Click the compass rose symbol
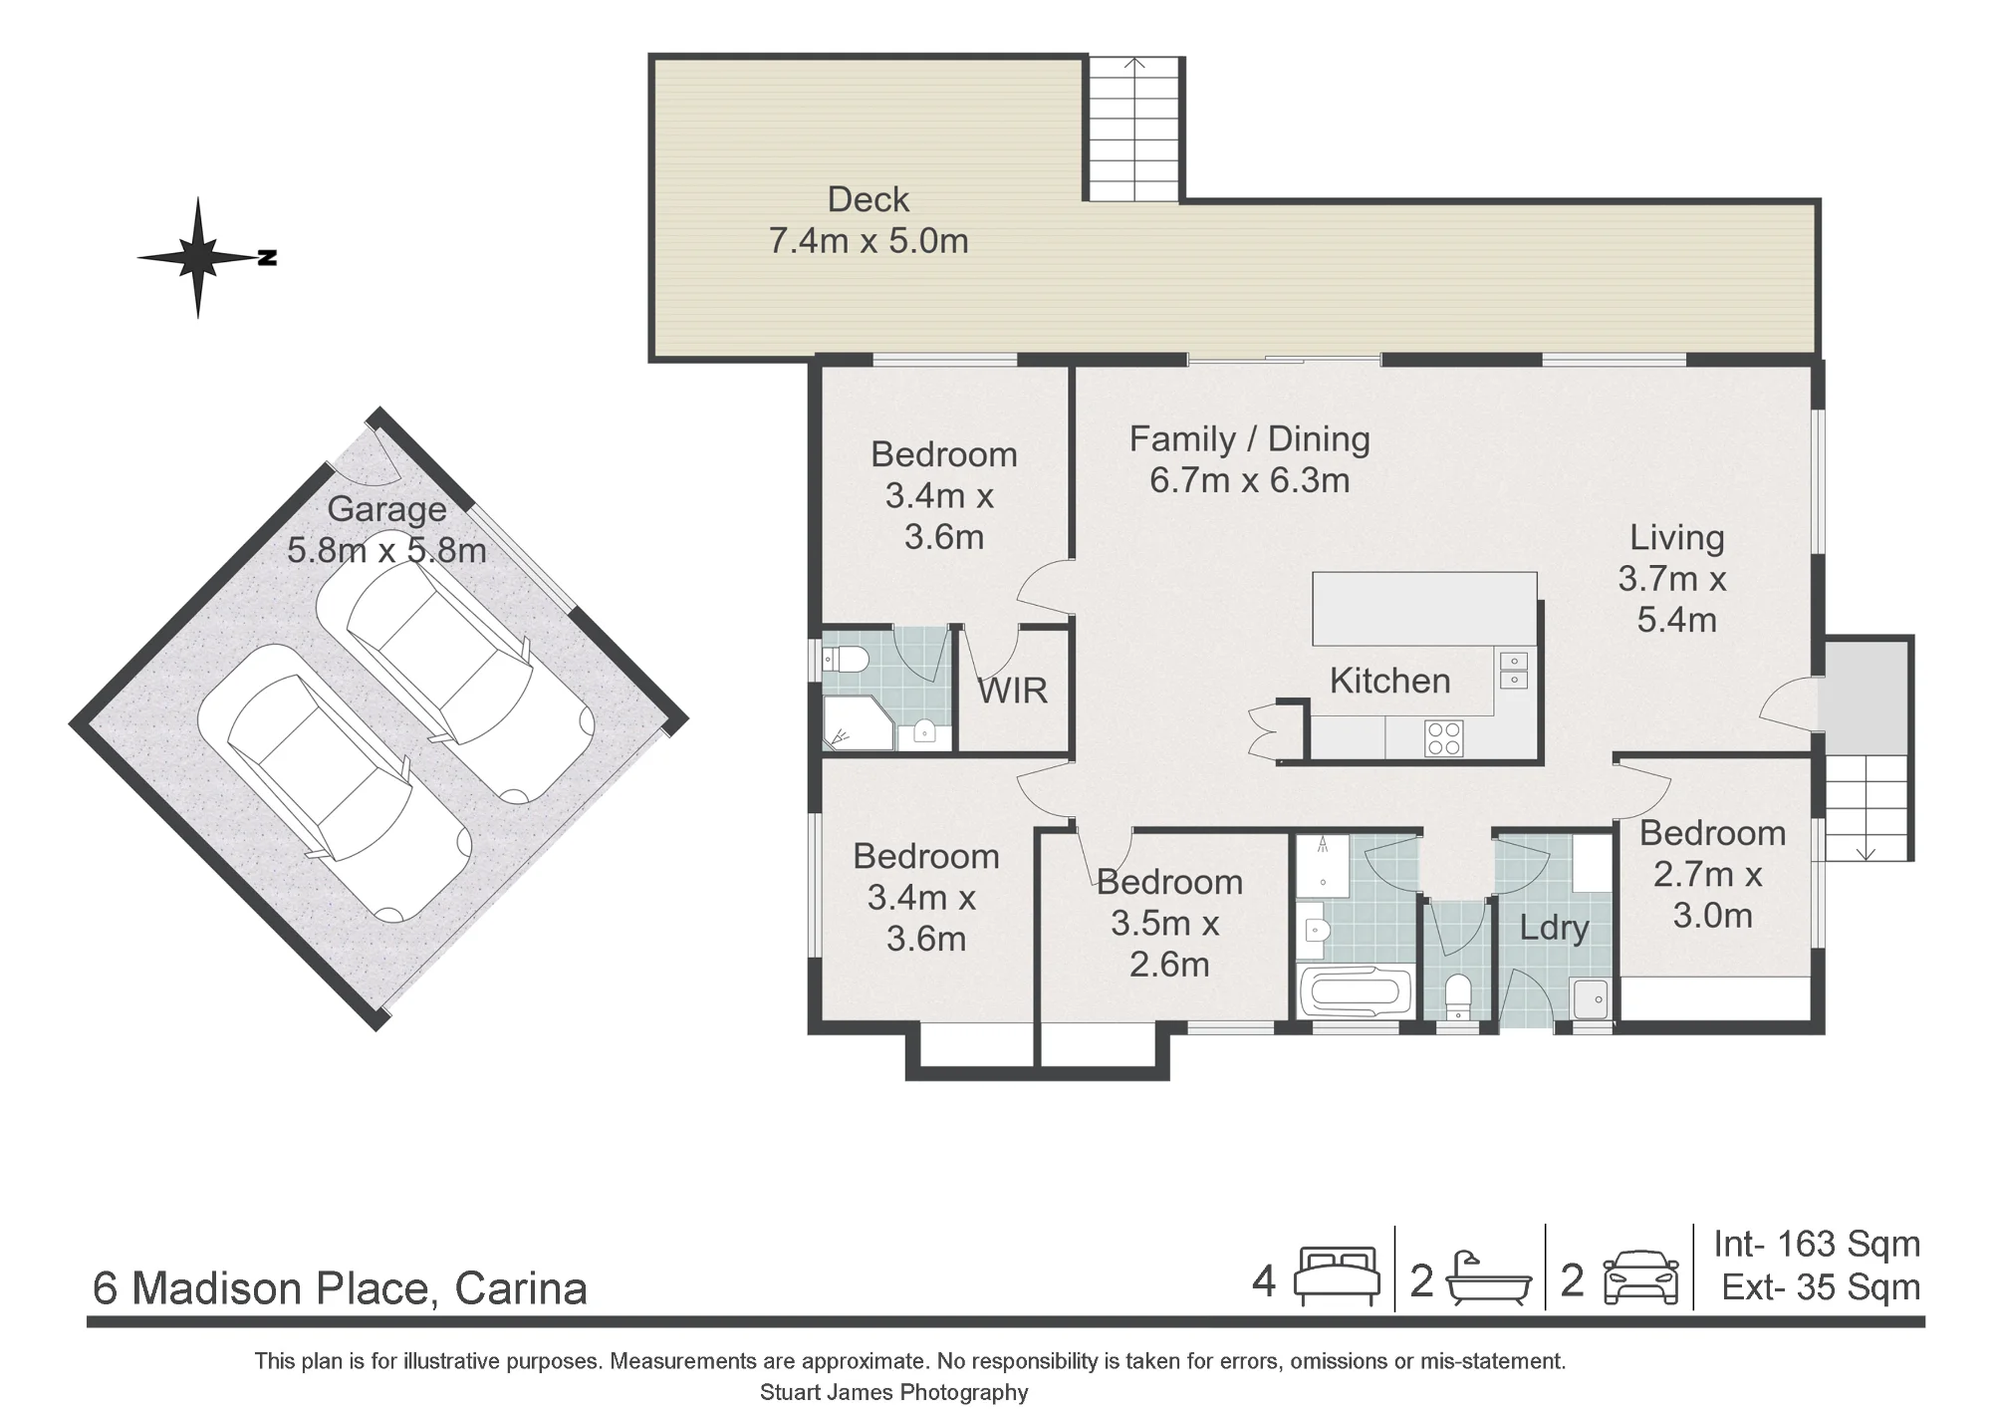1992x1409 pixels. pyautogui.click(x=199, y=258)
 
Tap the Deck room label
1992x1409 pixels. pyautogui.click(x=868, y=199)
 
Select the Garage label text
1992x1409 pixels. pyautogui.click(x=386, y=509)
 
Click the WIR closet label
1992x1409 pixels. pyautogui.click(x=1012, y=691)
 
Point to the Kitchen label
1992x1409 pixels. pyautogui.click(x=1389, y=681)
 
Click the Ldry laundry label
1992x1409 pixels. pyautogui.click(x=1554, y=929)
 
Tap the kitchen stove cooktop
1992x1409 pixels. pyautogui.click(x=1443, y=738)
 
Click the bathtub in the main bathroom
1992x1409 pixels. pyautogui.click(x=1357, y=992)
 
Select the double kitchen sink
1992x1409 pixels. pyautogui.click(x=1513, y=670)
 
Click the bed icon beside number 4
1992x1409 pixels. pyautogui.click(x=1336, y=1276)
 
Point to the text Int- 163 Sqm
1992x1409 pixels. pyautogui.click(x=1817, y=1244)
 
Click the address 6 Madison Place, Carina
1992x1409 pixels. pyautogui.click(x=340, y=1288)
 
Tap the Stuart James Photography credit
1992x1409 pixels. pyautogui.click(x=893, y=1392)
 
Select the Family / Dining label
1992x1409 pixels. pyautogui.click(x=1249, y=439)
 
